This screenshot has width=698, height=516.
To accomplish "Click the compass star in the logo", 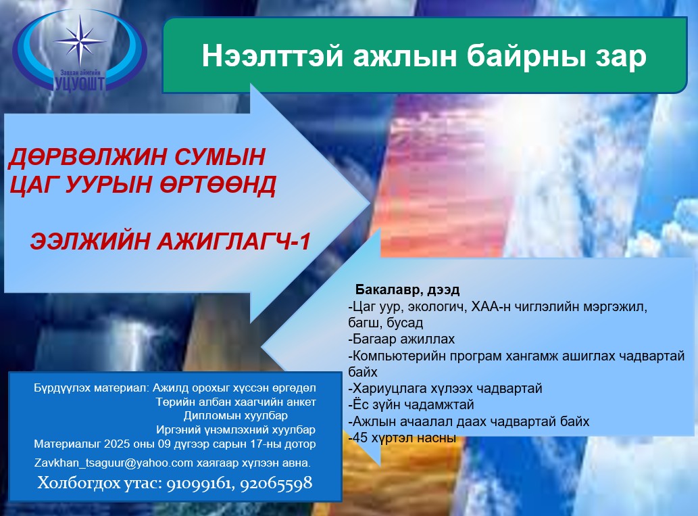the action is (x=80, y=41).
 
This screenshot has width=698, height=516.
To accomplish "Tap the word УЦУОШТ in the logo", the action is (x=80, y=83).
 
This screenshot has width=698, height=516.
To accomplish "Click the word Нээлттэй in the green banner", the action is (x=272, y=56).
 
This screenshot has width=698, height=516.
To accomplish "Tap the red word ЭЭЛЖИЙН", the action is (x=90, y=241).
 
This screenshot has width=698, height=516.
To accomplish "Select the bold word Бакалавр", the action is (x=389, y=289).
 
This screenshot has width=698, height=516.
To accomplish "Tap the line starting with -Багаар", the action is (x=401, y=339).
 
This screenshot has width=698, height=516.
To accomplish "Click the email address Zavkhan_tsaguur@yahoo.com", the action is (x=114, y=463).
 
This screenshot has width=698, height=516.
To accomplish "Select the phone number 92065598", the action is (x=276, y=483).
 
